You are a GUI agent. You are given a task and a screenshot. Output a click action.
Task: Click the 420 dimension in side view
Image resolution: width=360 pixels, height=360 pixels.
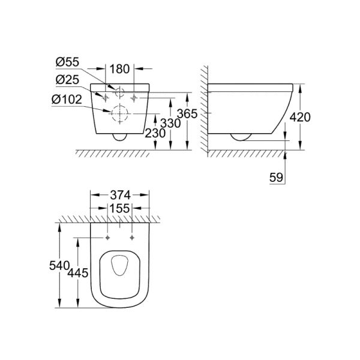click(300, 116)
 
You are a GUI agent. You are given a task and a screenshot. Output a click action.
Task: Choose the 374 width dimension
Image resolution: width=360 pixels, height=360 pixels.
click(119, 194)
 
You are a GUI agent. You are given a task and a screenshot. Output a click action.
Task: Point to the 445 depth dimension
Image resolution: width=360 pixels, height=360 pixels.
click(79, 273)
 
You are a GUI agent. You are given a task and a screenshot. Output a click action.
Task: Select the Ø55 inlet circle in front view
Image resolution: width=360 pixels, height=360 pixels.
click(120, 93)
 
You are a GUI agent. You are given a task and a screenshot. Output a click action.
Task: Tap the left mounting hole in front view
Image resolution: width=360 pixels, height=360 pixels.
click(106, 97)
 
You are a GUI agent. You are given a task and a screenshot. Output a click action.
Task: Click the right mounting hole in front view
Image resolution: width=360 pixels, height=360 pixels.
click(134, 97)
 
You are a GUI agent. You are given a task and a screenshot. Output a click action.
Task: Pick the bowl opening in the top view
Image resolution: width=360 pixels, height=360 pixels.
click(119, 267)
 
